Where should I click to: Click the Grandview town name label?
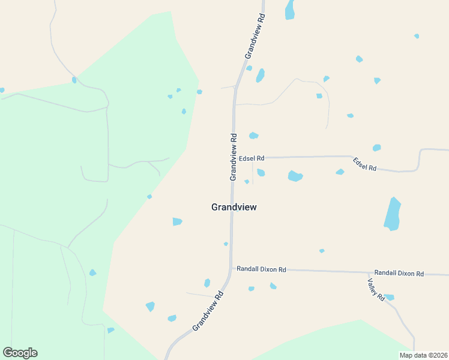234,207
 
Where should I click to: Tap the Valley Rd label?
377,290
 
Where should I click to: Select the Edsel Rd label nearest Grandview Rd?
252,158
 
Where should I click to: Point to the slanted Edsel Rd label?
364,164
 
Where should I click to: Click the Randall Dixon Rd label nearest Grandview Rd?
261,269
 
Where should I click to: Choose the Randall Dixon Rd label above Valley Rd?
399,273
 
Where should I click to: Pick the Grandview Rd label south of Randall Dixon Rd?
208,311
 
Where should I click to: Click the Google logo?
20,353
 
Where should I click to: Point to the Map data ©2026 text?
423,355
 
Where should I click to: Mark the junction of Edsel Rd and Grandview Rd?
233,158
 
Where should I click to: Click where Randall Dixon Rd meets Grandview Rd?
232,269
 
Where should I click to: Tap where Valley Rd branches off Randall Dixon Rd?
367,272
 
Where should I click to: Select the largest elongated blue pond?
393,214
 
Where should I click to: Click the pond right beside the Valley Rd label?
389,297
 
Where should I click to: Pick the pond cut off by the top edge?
290,10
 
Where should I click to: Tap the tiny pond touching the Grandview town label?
238,209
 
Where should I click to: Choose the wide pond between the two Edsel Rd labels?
295,176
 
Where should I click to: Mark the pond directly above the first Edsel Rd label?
254,136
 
